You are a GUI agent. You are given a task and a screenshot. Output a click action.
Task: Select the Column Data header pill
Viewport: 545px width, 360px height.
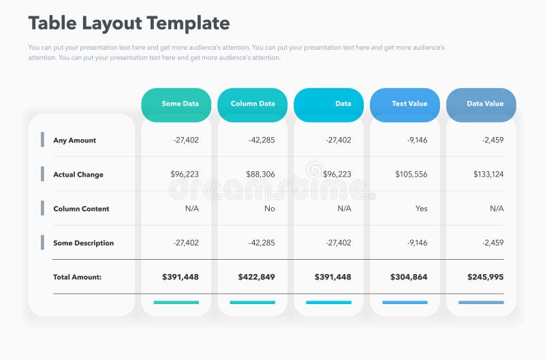pyautogui.click(x=252, y=104)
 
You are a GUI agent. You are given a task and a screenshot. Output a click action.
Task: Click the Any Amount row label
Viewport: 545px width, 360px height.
pyautogui.click(x=74, y=140)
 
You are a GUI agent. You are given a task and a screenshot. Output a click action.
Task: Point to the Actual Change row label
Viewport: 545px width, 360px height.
pyautogui.click(x=78, y=175)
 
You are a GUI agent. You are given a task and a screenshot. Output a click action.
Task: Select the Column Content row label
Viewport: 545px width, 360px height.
pyautogui.click(x=81, y=209)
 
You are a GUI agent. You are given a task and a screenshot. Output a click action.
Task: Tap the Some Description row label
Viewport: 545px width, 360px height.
pyautogui.click(x=83, y=243)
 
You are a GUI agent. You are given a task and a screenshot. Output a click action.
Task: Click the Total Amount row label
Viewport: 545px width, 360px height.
pyautogui.click(x=77, y=277)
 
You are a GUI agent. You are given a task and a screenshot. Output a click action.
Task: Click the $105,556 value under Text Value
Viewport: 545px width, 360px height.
pyautogui.click(x=411, y=175)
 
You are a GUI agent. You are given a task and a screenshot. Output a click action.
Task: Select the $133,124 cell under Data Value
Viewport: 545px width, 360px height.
pyautogui.click(x=488, y=175)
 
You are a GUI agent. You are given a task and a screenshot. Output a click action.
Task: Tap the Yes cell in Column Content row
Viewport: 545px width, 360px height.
pyautogui.click(x=421, y=209)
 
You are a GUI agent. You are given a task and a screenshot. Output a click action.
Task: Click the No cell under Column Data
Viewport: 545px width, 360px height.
pyautogui.click(x=270, y=209)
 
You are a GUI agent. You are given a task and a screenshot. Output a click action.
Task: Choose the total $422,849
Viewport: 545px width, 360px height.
pyautogui.click(x=256, y=277)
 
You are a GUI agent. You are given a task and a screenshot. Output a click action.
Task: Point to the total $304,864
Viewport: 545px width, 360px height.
pyautogui.click(x=409, y=277)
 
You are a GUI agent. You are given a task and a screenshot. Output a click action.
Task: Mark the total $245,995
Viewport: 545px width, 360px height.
pyautogui.click(x=485, y=277)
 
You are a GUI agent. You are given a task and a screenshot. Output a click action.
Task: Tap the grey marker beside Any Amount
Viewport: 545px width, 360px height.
pyautogui.click(x=42, y=139)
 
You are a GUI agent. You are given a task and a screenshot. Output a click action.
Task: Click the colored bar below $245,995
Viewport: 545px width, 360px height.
pyautogui.click(x=481, y=302)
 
